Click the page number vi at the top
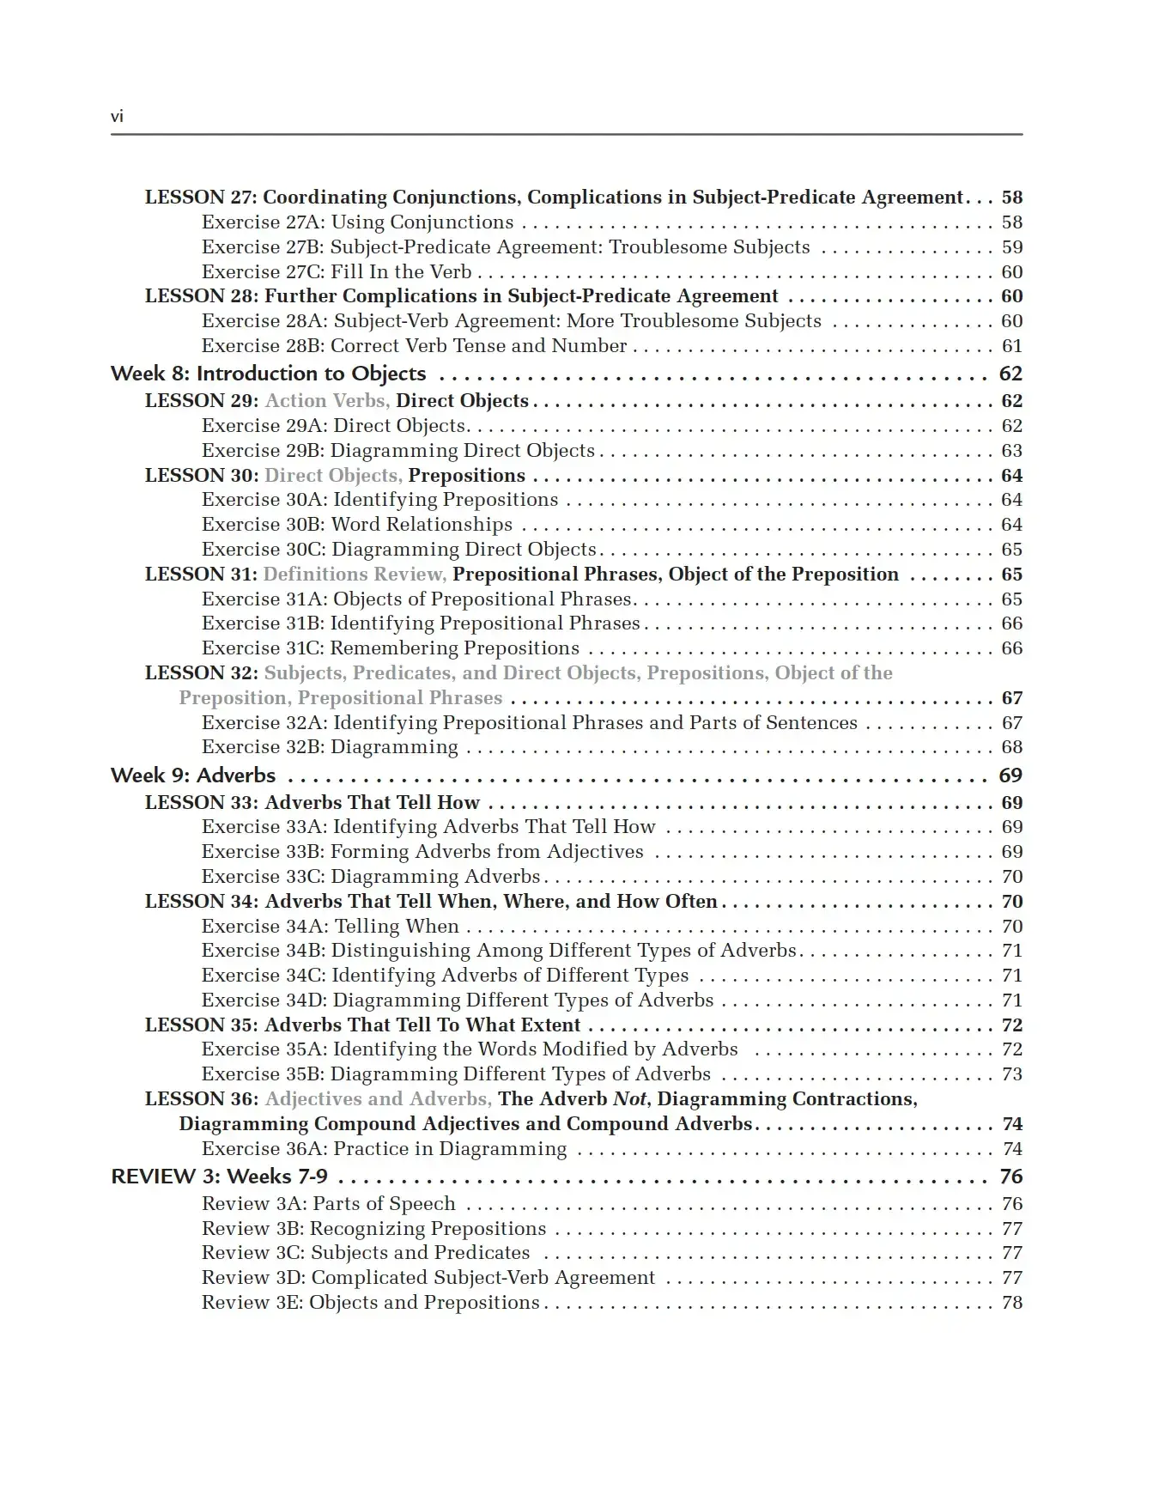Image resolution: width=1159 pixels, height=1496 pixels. pyautogui.click(x=117, y=117)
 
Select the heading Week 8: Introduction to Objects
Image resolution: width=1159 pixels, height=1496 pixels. pyautogui.click(x=268, y=374)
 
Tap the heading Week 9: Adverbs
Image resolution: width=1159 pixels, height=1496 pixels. pyautogui.click(x=193, y=775)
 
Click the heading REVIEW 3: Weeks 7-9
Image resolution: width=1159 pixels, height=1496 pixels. pyautogui.click(x=219, y=1177)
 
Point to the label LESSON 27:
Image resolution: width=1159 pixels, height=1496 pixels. pyautogui.click(x=201, y=198)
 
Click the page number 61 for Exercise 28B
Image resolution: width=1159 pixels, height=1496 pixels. pyautogui.click(x=1012, y=346)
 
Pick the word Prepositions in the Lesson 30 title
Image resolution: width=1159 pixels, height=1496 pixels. pyautogui.click(x=466, y=476)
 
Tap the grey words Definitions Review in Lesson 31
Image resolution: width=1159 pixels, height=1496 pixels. pyautogui.click(x=354, y=575)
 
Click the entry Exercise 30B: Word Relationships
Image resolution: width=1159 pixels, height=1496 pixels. pyautogui.click(x=356, y=525)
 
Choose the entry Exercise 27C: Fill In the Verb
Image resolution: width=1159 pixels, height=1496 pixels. pyautogui.click(x=337, y=272)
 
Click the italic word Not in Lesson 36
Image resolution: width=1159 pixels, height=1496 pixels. pyautogui.click(x=630, y=1099)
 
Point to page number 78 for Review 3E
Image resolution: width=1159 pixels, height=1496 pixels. pyautogui.click(x=1012, y=1303)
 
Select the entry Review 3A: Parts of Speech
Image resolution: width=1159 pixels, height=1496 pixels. pyautogui.click(x=328, y=1204)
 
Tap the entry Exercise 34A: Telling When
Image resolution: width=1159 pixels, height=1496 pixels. pyautogui.click(x=330, y=927)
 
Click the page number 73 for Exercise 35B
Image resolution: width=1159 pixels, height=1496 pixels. pyautogui.click(x=1012, y=1074)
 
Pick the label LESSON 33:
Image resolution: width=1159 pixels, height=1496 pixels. pyautogui.click(x=201, y=803)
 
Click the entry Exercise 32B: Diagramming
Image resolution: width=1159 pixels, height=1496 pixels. pyautogui.click(x=330, y=747)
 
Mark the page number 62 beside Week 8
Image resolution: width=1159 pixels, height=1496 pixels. pyautogui.click(x=1010, y=374)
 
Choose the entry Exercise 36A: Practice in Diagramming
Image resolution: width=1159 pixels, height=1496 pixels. pyautogui.click(x=384, y=1149)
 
